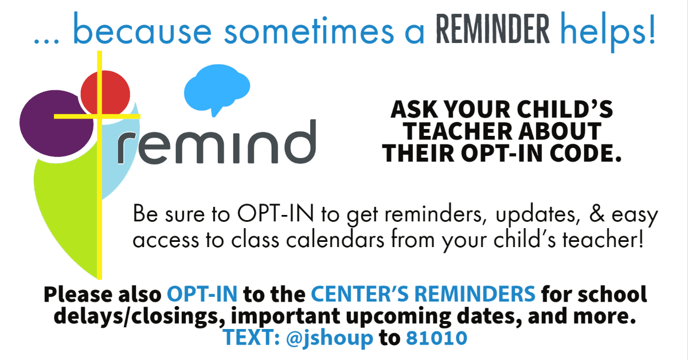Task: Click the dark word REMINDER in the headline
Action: [492, 29]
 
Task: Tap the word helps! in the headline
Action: [608, 32]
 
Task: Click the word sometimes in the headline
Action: [308, 32]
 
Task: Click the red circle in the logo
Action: [105, 93]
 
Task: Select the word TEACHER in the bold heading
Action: [457, 131]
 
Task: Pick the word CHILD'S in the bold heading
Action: [565, 109]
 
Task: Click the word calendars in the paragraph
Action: [335, 240]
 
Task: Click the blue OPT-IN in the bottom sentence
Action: [202, 294]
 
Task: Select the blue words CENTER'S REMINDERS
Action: [423, 294]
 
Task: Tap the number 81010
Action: [436, 338]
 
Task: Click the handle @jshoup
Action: [329, 338]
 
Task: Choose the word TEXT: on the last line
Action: [252, 338]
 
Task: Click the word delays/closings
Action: [139, 316]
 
